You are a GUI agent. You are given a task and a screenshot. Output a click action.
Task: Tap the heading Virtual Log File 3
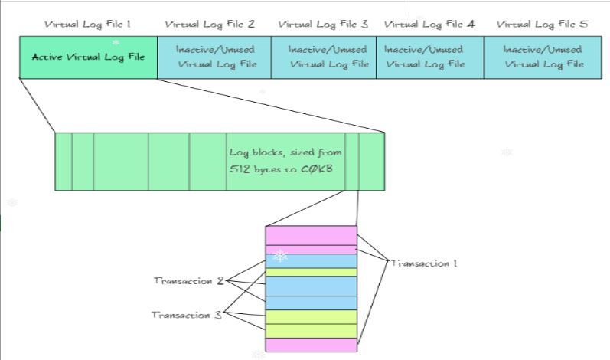coord(323,24)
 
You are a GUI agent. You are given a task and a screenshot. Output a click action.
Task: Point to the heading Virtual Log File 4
coord(429,24)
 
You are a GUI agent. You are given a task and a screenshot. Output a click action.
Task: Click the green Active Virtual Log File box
coord(88,57)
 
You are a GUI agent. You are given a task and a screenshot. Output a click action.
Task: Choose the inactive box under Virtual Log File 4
coord(429,57)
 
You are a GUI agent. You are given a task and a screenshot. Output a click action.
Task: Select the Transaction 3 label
coord(186,315)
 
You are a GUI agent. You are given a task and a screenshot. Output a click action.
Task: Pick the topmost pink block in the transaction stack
coord(311,235)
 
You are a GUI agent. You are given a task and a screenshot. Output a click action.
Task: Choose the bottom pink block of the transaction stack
coord(311,345)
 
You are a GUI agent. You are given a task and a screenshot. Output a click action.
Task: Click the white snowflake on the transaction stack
coord(281,256)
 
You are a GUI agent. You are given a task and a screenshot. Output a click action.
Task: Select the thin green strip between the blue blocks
coord(311,272)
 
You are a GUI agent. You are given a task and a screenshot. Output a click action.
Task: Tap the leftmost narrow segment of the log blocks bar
coord(64,161)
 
